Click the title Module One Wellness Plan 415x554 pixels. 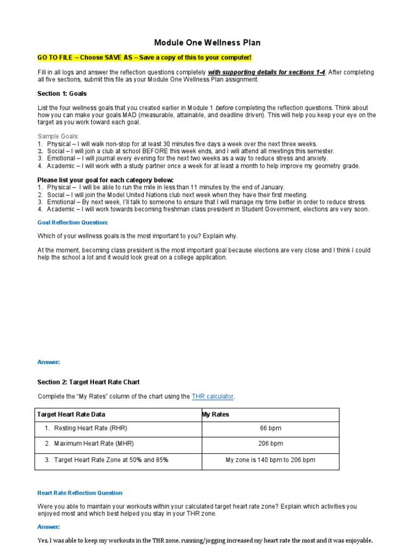click(207, 42)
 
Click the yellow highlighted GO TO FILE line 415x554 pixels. click(144, 57)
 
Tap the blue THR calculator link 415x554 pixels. click(212, 397)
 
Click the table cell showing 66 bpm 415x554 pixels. click(270, 428)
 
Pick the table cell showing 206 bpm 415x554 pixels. click(270, 444)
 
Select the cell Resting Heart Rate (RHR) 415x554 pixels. click(90, 428)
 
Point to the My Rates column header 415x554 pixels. click(215, 414)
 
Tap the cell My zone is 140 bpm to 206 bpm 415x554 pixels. click(270, 460)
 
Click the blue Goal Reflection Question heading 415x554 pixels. click(72, 222)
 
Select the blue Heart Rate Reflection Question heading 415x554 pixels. click(80, 493)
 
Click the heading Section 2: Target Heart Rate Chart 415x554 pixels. click(88, 382)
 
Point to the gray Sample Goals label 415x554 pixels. click(58, 136)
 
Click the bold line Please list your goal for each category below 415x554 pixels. click(105, 180)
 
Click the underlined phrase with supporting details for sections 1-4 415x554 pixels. click(266, 72)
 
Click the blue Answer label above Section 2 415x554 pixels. click(49, 362)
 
